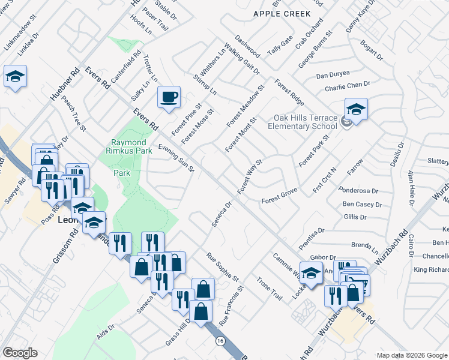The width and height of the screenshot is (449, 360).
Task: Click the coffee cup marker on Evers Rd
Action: [x=169, y=97]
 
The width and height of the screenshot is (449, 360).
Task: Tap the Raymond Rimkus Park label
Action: [x=131, y=147]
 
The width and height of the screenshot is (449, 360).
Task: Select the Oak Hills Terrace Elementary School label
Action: [x=302, y=122]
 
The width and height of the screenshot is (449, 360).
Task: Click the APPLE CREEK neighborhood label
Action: [x=282, y=14]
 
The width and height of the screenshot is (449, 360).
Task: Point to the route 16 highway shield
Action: [x=220, y=341]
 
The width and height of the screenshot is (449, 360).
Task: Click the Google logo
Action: [x=20, y=353]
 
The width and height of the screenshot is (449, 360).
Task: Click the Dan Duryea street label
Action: [x=333, y=76]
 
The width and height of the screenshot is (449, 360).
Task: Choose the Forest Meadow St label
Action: [x=246, y=106]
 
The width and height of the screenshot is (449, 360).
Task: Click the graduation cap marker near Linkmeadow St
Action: [x=15, y=77]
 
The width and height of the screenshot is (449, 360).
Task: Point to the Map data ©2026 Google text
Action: [x=412, y=355]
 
